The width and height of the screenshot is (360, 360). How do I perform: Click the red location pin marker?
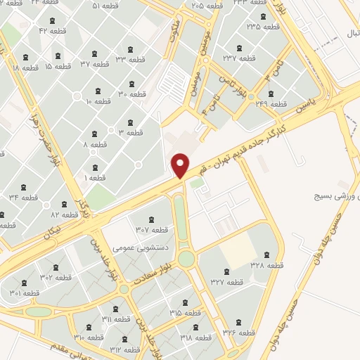click(181, 165)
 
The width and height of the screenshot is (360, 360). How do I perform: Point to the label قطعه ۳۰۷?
click(151, 229)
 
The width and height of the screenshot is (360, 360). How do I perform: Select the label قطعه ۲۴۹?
click(273, 104)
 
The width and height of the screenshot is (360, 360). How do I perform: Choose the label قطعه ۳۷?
click(94, 64)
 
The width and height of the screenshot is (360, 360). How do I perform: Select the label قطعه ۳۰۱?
click(25, 293)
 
